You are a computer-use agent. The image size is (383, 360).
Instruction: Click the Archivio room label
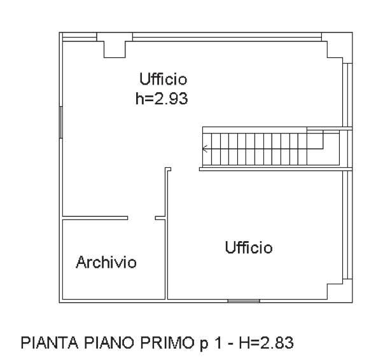106,263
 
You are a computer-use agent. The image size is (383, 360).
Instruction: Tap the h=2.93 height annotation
162,99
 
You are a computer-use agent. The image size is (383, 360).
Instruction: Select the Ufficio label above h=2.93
163,79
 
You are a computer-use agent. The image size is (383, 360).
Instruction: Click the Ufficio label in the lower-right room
249,247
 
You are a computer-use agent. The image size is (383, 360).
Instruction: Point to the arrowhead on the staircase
205,149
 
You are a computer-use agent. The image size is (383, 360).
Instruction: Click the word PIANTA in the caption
50,343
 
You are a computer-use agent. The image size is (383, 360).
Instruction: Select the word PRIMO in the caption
166,343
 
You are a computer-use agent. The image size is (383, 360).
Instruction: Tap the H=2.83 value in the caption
266,343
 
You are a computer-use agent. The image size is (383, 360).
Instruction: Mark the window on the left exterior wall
61,122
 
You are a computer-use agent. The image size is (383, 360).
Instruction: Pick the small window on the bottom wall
244,301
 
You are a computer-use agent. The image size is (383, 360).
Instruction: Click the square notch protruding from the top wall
115,50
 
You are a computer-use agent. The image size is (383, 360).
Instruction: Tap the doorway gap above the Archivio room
141,218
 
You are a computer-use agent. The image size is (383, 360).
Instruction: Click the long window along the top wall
227,37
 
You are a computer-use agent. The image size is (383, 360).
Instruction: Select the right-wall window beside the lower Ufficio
347,225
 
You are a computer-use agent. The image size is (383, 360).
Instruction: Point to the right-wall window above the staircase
347,95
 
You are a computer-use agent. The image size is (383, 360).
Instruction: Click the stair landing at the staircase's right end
323,148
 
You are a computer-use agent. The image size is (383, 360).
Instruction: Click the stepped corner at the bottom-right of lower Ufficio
335,291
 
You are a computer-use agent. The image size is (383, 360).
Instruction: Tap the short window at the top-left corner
80,37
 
